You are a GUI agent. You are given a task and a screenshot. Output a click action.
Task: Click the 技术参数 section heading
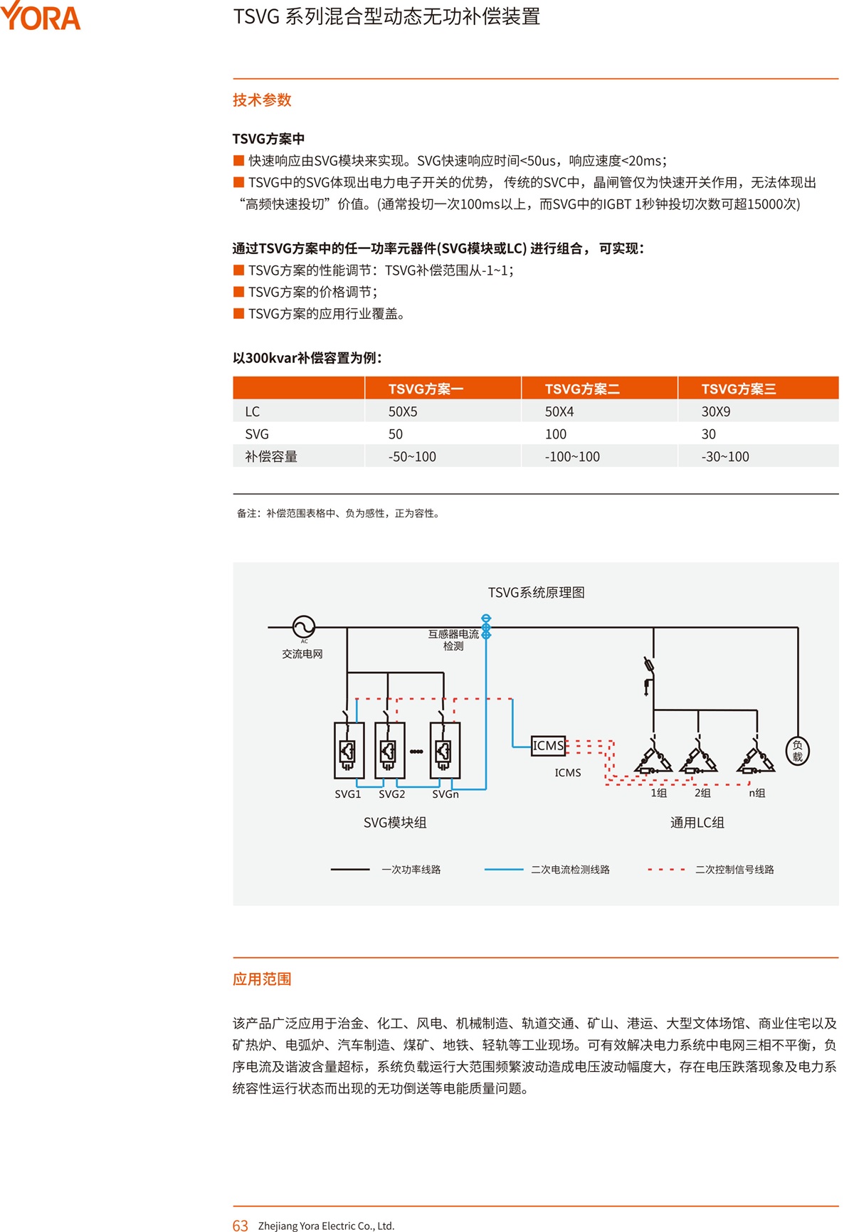pyautogui.click(x=262, y=100)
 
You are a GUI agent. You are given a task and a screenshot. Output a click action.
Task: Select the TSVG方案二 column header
pyautogui.click(x=582, y=389)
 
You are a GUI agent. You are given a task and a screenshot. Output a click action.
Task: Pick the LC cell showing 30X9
pyautogui.click(x=715, y=411)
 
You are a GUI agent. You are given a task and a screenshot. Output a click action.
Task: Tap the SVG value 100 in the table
pyautogui.click(x=555, y=434)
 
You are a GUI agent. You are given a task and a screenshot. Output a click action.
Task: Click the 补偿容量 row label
pyautogui.click(x=271, y=457)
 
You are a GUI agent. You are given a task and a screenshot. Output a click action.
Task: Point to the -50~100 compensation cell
pyautogui.click(x=412, y=457)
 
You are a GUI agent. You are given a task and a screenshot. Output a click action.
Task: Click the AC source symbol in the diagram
pyautogui.click(x=304, y=627)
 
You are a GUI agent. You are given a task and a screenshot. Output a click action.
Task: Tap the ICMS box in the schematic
pyautogui.click(x=548, y=746)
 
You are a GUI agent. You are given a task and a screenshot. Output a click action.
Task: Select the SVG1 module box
pyautogui.click(x=349, y=750)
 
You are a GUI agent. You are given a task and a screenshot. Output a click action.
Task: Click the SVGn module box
pyautogui.click(x=445, y=750)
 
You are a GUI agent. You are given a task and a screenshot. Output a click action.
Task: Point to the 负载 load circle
pyautogui.click(x=797, y=751)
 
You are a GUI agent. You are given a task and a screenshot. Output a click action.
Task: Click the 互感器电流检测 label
pyautogui.click(x=453, y=640)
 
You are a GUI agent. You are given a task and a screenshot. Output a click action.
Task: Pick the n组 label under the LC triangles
pyautogui.click(x=757, y=793)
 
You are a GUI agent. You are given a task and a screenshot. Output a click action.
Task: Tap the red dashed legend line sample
pyautogui.click(x=667, y=870)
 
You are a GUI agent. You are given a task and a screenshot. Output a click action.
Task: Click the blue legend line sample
pyautogui.click(x=504, y=870)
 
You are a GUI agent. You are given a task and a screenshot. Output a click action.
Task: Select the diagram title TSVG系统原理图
pyautogui.click(x=537, y=593)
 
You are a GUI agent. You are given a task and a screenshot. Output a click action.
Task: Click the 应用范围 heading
pyautogui.click(x=262, y=979)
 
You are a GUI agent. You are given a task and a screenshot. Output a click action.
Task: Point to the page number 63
pyautogui.click(x=241, y=1226)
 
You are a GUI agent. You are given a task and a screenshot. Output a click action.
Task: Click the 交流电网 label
pyautogui.click(x=302, y=654)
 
